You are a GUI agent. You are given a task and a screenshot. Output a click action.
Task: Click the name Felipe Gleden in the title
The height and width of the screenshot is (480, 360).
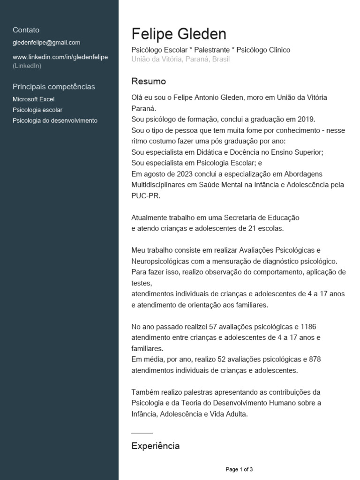179,34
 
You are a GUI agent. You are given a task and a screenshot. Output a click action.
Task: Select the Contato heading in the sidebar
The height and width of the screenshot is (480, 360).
26,30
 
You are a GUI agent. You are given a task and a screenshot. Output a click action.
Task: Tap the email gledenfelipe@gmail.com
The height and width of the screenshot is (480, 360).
46,43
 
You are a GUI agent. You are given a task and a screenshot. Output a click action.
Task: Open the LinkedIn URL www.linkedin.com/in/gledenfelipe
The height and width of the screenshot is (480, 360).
60,57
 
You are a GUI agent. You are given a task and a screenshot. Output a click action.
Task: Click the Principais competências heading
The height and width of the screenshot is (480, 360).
54,87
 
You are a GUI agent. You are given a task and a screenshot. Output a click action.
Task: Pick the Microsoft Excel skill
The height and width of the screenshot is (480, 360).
34,99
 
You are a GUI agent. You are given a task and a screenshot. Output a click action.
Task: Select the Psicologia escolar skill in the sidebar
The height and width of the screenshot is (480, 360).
37,110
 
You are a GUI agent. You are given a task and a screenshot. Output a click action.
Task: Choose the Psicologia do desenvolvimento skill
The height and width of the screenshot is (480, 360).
55,120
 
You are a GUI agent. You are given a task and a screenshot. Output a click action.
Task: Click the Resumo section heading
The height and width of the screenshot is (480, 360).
149,82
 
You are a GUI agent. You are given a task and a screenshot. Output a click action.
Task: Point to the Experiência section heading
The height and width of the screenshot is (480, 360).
155,446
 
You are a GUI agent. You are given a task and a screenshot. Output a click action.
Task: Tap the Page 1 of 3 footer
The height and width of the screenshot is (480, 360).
239,469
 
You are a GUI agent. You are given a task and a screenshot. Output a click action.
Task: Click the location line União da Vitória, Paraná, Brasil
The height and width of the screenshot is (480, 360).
180,60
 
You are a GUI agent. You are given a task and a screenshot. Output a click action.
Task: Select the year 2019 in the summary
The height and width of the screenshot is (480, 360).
307,119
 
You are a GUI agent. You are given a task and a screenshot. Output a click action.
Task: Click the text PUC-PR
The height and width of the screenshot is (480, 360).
146,196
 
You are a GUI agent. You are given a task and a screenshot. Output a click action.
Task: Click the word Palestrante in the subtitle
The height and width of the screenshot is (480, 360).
210,50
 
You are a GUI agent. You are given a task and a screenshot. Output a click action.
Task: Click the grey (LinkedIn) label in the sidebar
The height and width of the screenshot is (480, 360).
27,66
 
